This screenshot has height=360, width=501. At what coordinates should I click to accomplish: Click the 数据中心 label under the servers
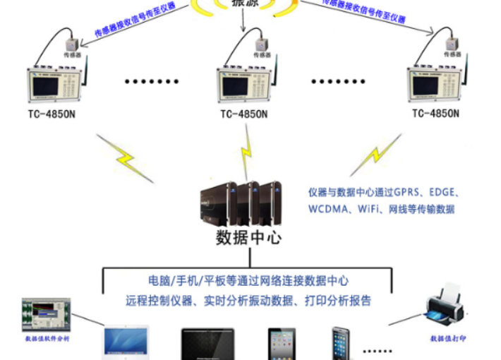(x=248, y=237)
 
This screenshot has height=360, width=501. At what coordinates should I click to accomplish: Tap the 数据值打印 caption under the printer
(x=449, y=338)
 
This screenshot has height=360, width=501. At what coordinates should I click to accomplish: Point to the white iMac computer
(x=126, y=343)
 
